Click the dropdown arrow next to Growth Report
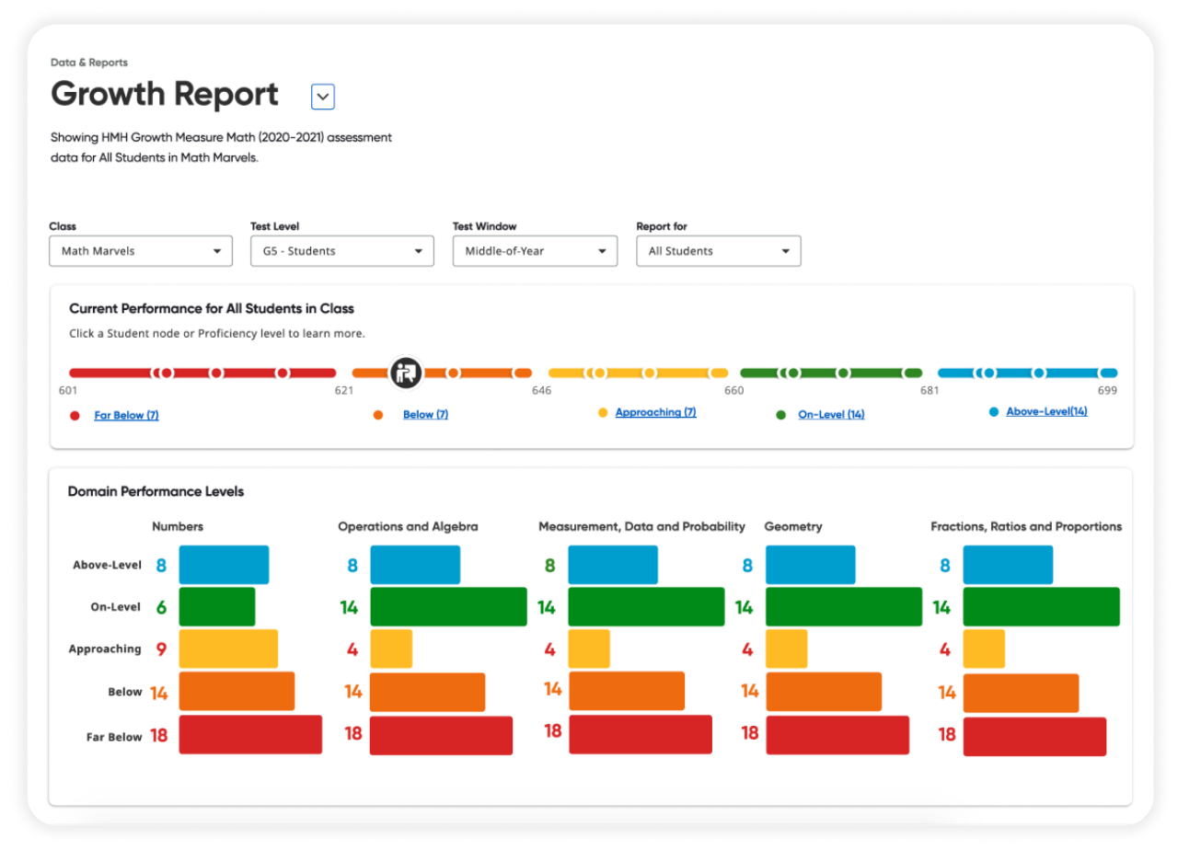pos(322,97)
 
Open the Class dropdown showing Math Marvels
pos(140,251)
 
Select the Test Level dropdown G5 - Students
pos(341,251)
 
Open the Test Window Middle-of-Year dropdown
pos(534,251)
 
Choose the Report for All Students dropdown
pos(718,251)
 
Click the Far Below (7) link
pos(126,416)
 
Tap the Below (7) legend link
pos(425,415)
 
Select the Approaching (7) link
pos(655,413)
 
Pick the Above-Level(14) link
pos(1046,412)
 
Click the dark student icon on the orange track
pos(405,373)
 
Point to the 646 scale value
pos(541,391)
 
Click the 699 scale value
pos(1106,391)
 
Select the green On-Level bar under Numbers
pos(217,607)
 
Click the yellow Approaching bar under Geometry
pos(786,649)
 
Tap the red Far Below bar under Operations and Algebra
pos(441,735)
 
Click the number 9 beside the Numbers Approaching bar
pos(161,649)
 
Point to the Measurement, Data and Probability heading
pos(641,527)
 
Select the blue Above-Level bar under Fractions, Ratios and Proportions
pos(1008,565)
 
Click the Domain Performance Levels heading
pos(156,492)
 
